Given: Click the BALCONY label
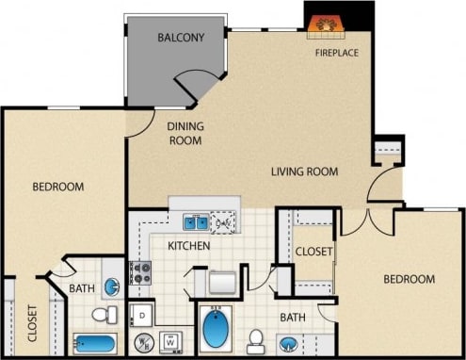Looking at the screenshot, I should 182,38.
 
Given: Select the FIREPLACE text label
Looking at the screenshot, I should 337,53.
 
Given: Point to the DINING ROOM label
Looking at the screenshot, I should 186,132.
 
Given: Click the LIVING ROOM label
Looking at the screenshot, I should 304,172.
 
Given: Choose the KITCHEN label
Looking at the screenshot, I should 188,246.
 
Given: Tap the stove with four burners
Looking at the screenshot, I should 140,273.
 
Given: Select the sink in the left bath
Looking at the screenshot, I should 110,286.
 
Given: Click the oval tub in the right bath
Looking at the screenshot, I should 217,331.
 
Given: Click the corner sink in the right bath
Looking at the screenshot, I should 287,343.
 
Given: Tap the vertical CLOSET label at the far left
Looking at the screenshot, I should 31,323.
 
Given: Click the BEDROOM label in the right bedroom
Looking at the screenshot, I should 409,279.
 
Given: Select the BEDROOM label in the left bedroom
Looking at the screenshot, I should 58,187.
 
